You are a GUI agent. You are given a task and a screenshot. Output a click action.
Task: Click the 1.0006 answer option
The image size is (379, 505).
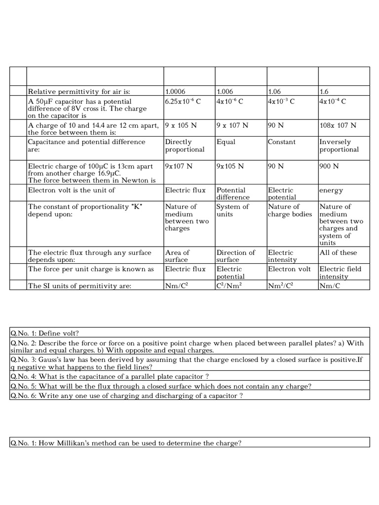[x=177, y=92]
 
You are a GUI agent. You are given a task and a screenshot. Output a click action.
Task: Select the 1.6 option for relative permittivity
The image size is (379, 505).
[x=324, y=92]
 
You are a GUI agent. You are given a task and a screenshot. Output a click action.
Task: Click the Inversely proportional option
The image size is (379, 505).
[x=339, y=146]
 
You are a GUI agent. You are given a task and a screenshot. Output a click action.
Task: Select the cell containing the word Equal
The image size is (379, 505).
[x=226, y=142]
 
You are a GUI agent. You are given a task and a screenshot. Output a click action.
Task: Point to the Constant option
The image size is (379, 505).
[x=282, y=142]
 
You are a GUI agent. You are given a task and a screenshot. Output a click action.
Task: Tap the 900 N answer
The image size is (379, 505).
[x=329, y=166]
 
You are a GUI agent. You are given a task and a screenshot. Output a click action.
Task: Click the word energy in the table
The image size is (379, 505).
[x=331, y=190]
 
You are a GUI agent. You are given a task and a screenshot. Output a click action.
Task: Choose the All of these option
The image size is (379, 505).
[x=338, y=252]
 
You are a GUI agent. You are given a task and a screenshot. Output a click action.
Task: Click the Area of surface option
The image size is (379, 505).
[x=177, y=256]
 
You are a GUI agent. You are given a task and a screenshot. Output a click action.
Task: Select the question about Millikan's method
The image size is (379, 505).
[x=126, y=443]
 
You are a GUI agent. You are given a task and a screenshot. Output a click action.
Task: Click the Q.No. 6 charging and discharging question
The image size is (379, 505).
[x=126, y=396]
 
